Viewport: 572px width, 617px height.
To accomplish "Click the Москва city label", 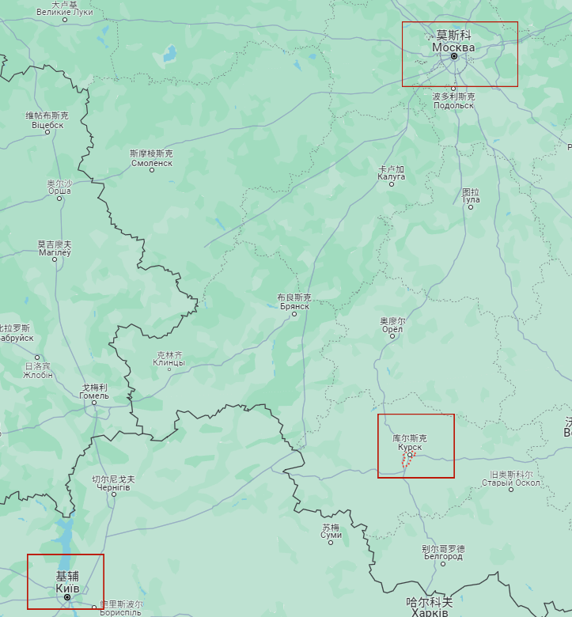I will tap(453, 47).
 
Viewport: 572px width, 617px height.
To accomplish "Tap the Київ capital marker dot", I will tap(67, 597).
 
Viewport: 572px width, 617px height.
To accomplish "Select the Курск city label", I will tap(410, 447).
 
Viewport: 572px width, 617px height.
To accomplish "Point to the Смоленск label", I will tap(151, 163).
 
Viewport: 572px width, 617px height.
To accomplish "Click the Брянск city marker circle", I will tap(294, 314).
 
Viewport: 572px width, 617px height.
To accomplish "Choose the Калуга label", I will tap(392, 176).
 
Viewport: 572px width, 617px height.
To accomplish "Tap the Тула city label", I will tap(471, 199).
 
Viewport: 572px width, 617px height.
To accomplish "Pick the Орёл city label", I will tap(392, 330).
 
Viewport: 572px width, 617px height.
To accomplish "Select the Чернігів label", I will tap(113, 487).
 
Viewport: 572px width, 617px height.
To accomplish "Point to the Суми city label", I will tap(331, 536).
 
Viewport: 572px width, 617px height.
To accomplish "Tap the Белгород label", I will tap(443, 556).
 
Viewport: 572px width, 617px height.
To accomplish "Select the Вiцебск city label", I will tap(47, 125).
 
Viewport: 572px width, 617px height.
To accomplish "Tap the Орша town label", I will tap(59, 191).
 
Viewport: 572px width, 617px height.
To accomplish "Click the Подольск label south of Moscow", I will tap(454, 104).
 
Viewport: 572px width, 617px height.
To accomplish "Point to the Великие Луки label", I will tap(65, 13).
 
